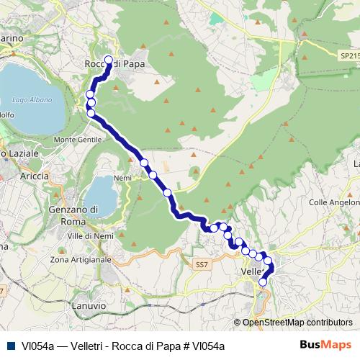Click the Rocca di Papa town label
click(114, 65)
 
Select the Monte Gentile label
click(78, 139)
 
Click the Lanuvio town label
click(90, 306)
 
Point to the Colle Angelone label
click(333, 202)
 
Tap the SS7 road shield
click(201, 265)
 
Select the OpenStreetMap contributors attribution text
click(297, 323)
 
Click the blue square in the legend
click(11, 346)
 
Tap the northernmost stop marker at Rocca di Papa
click(109, 60)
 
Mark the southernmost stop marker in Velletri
click(263, 282)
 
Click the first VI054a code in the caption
click(38, 346)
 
